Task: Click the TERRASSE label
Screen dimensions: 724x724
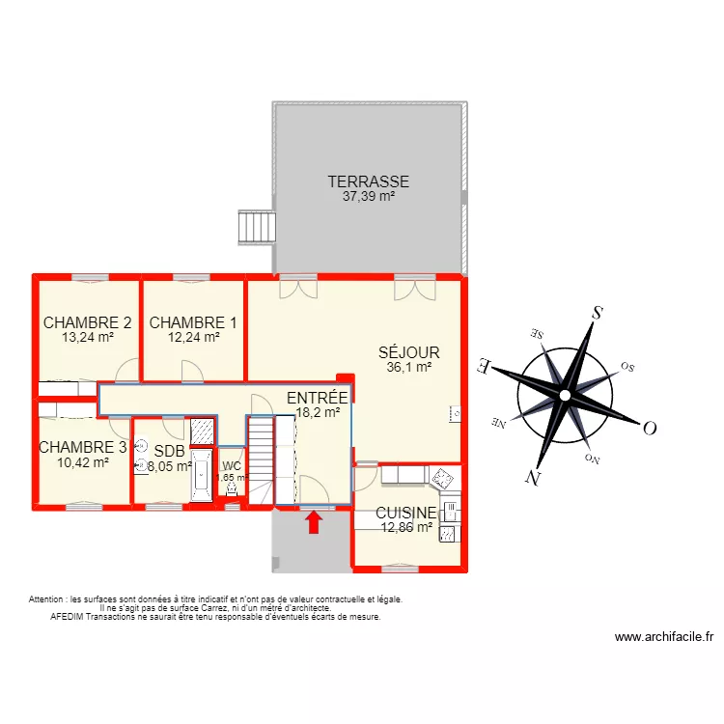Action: (x=368, y=181)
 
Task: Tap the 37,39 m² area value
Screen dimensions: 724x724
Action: (x=368, y=196)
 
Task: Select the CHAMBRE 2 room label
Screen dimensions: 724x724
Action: (x=87, y=323)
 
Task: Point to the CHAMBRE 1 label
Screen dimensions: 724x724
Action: (x=193, y=323)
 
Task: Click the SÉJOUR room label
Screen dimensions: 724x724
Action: (x=408, y=353)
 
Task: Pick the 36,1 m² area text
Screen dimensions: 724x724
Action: (x=408, y=367)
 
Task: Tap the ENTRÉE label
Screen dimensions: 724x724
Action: (x=318, y=397)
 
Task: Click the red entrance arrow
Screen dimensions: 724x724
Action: (x=314, y=523)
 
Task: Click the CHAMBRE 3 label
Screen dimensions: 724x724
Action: (x=82, y=447)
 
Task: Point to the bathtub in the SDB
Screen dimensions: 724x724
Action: (x=201, y=475)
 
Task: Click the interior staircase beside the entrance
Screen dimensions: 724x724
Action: (x=262, y=459)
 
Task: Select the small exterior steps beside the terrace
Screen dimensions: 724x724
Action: (x=257, y=228)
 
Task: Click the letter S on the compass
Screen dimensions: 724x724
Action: (x=597, y=313)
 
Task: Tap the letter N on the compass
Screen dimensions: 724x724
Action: (x=532, y=476)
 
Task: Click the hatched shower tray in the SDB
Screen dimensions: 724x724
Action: (x=202, y=432)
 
